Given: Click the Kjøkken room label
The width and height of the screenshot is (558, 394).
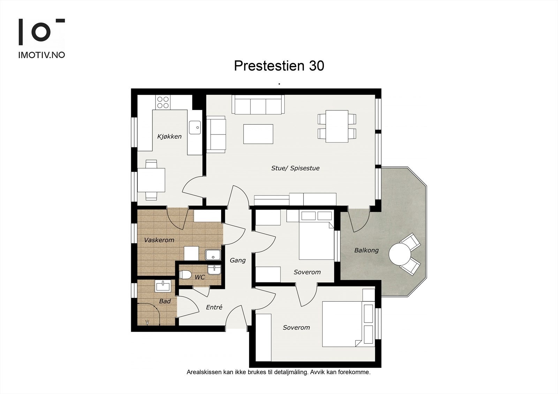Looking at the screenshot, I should click(169, 137).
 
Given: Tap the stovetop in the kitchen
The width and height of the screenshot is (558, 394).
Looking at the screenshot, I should click(163, 102).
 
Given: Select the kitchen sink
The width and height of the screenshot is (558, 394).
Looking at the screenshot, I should click(195, 128).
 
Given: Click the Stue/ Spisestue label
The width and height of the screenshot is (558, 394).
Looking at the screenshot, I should click(295, 168).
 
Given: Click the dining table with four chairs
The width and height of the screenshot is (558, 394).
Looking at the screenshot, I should click(337, 126).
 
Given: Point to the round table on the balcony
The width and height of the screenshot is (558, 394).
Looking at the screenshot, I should click(400, 254).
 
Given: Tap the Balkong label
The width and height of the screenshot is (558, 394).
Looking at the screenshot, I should click(366, 250).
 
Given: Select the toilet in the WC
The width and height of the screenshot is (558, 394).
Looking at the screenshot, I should click(185, 275).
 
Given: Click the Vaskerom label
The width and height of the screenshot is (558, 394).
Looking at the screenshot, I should click(159, 240).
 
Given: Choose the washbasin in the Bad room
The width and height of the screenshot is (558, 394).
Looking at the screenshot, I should click(163, 286).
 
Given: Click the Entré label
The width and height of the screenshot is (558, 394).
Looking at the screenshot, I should click(214, 307).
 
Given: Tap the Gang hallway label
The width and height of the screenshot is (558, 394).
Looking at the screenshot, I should click(237, 260).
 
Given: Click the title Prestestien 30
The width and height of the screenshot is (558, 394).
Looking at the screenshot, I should click(279, 65).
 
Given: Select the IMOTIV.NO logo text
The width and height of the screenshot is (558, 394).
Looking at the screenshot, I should click(42, 55).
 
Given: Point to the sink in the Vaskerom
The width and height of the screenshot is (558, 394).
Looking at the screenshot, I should click(213, 255).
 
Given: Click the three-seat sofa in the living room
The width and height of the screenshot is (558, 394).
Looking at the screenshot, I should click(258, 105).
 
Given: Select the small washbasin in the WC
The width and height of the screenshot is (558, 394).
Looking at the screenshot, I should click(214, 270).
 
